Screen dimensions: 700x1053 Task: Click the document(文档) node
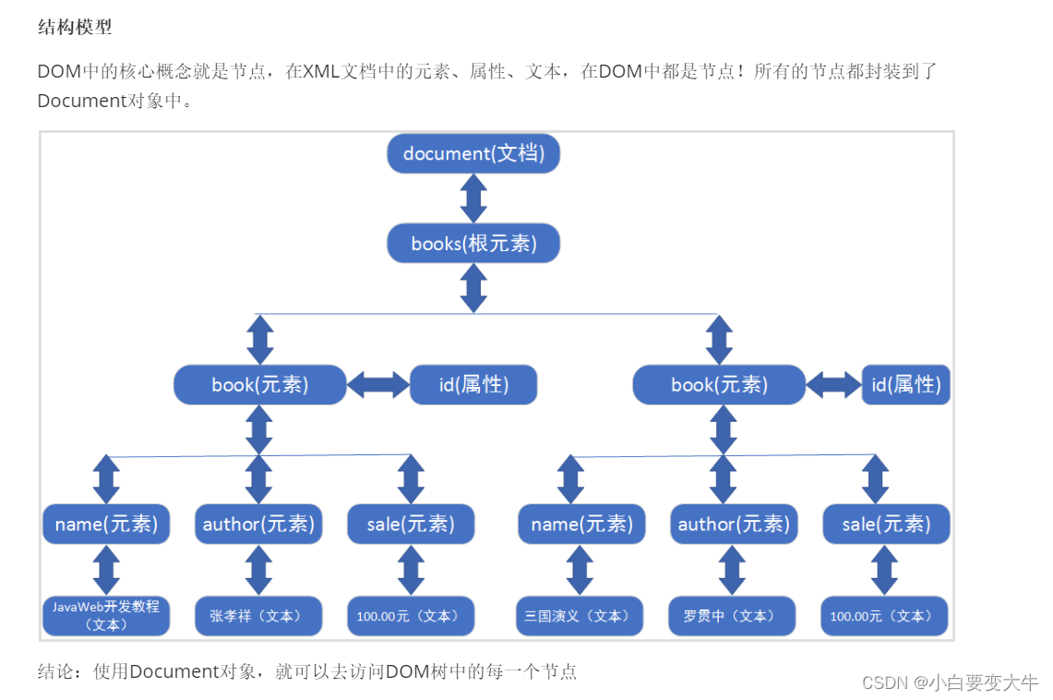pos(473,153)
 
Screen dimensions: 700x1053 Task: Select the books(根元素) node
pos(473,244)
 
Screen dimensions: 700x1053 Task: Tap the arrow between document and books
pos(473,199)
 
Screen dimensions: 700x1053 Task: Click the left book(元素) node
pos(260,384)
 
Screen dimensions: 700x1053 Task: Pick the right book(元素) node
pos(720,384)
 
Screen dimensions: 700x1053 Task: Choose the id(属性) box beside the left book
pos(473,384)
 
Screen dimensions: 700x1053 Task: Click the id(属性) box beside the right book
pos(906,384)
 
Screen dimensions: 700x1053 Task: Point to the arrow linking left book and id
pos(378,384)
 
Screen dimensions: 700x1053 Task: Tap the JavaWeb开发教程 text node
pos(106,616)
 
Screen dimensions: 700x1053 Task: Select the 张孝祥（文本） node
pos(258,616)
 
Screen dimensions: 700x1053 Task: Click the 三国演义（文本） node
pos(579,616)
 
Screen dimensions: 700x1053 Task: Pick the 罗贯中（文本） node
pos(731,616)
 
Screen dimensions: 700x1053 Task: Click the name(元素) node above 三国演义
pos(581,525)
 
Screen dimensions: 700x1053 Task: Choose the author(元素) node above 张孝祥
pos(258,525)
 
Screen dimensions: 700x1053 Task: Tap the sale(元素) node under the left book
pos(411,525)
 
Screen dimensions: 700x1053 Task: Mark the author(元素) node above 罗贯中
pos(734,525)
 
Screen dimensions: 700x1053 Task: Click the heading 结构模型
pos(75,27)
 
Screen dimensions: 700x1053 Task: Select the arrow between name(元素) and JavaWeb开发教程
pos(107,570)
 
